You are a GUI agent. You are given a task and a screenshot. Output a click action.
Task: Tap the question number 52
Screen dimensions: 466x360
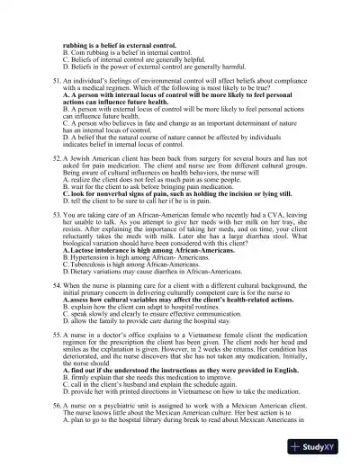tap(58, 157)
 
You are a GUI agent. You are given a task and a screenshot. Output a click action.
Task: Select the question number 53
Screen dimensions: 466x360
tap(58, 217)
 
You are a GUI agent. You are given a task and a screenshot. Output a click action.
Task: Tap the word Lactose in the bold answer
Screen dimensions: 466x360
tap(83, 248)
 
